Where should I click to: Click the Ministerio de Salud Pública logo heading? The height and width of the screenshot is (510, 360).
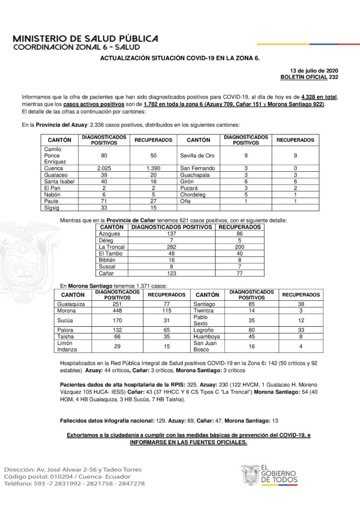tap(86, 42)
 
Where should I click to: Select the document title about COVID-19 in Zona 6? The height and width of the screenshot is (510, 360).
tap(180, 58)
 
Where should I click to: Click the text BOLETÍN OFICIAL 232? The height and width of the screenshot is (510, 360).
tap(309, 77)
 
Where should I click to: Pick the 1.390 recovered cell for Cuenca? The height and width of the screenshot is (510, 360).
tap(153, 168)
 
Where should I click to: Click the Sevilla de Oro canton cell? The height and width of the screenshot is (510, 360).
tap(198, 155)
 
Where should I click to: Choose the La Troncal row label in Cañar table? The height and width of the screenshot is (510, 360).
tap(112, 247)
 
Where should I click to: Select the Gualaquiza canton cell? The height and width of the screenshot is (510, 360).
tap(72, 303)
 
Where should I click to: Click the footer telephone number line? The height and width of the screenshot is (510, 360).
tap(75, 484)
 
